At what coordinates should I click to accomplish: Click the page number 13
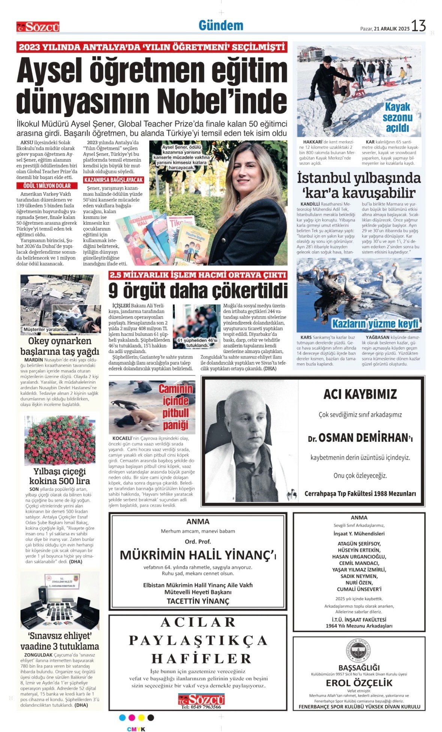click(418, 26)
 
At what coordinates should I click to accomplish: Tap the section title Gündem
click(221, 25)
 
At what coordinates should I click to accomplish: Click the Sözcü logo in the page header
click(38, 27)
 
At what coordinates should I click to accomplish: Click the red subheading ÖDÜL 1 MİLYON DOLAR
click(47, 186)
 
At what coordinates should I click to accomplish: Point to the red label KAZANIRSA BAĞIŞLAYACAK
click(113, 180)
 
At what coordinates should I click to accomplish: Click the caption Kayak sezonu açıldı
click(397, 117)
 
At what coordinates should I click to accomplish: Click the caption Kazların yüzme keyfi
click(375, 323)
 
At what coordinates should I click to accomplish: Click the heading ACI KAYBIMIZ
click(360, 394)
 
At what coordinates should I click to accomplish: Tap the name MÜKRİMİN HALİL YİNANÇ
click(198, 555)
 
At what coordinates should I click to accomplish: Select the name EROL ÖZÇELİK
click(359, 683)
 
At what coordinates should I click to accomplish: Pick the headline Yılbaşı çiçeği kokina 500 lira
click(60, 476)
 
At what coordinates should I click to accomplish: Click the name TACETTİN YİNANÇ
click(198, 601)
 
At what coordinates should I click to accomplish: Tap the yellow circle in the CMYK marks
click(141, 717)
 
